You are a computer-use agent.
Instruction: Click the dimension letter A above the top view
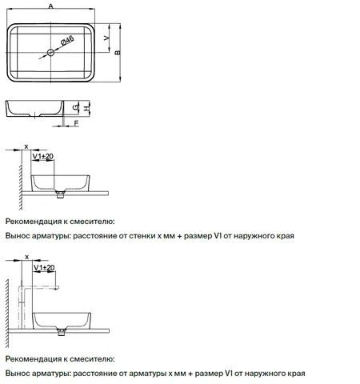50,6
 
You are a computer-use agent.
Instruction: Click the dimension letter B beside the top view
118,53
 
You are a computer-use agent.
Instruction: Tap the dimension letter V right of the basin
106,38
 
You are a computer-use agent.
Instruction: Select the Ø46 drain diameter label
67,41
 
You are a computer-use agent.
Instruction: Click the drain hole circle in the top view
50,52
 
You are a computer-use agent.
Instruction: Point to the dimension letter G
76,107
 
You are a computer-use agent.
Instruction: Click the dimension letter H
86,108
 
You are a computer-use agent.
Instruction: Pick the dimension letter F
76,123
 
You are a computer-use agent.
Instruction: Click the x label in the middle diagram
26,146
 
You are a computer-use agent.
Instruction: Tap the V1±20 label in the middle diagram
43,156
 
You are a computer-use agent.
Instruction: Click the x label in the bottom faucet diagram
27,257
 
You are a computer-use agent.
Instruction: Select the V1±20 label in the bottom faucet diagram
44,267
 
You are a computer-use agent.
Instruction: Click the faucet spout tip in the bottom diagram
57,287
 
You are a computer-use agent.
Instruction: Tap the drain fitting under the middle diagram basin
60,194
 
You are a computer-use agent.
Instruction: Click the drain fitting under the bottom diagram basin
62,332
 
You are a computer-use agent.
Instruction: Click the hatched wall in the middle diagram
21,187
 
